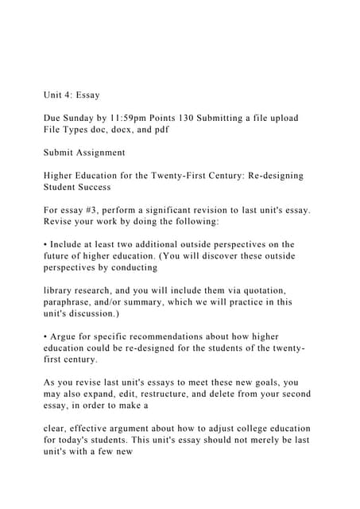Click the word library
point(60,291)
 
